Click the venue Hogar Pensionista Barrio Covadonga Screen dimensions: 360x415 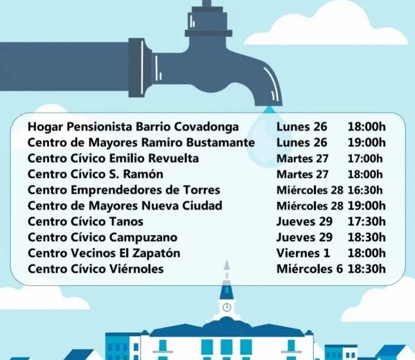133,127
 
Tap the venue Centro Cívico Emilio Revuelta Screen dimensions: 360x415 113,158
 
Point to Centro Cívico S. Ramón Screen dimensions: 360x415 95,174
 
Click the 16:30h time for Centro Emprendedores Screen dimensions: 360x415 365,190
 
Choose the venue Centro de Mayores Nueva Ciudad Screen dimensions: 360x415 125,206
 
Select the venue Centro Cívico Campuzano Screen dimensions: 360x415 102,237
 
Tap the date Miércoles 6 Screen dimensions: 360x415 309,269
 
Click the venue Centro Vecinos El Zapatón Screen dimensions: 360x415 104,253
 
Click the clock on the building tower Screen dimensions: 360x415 226,308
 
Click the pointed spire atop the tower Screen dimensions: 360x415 226,269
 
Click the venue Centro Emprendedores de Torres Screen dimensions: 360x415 124,190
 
